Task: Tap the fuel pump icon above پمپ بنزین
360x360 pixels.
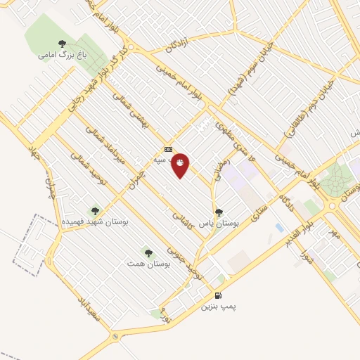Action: point(218,295)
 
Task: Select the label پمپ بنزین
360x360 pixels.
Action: point(217,307)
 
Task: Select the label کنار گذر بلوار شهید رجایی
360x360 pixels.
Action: point(98,79)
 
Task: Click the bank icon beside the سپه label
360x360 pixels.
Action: point(168,149)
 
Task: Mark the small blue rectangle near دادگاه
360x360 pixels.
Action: point(280,229)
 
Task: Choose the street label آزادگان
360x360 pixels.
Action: point(179,46)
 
